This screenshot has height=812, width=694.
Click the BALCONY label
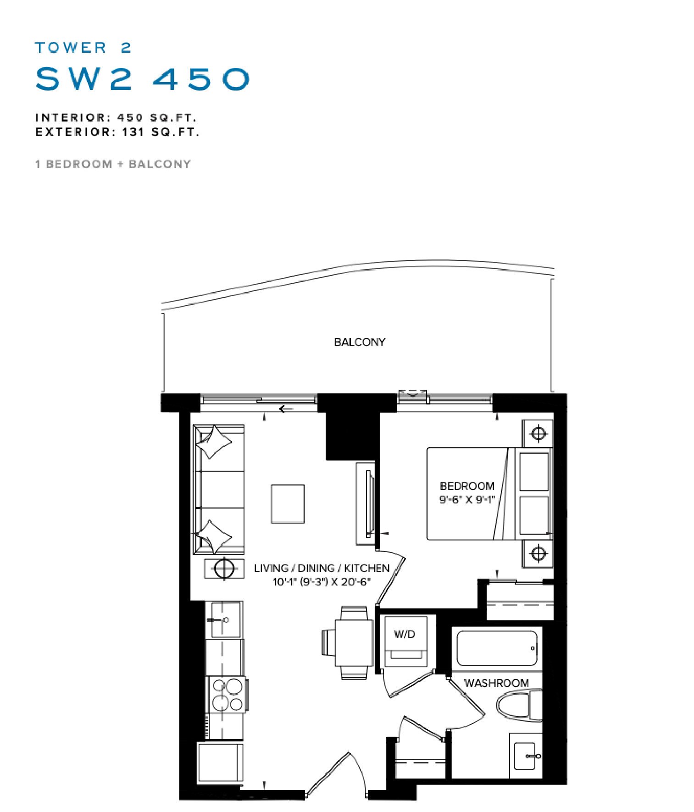pyautogui.click(x=360, y=342)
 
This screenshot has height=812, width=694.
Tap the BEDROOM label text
pyautogui.click(x=467, y=486)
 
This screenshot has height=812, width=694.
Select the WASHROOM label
pyautogui.click(x=496, y=683)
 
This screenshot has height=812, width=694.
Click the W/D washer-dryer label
pyautogui.click(x=404, y=635)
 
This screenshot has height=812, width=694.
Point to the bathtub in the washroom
pyautogui.click(x=497, y=648)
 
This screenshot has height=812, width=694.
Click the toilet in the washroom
pyautogui.click(x=519, y=706)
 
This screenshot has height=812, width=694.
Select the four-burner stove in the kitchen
pyautogui.click(x=228, y=695)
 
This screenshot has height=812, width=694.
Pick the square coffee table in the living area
pyautogui.click(x=288, y=504)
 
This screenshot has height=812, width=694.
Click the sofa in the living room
pyautogui.click(x=219, y=489)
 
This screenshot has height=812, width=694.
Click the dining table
pyautogui.click(x=354, y=642)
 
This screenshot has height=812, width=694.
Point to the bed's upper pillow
pyautogui.click(x=534, y=472)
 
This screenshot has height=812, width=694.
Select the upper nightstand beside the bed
pyautogui.click(x=538, y=433)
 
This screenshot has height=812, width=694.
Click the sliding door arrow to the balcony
pyautogui.click(x=286, y=409)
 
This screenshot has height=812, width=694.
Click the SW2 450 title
pyautogui.click(x=143, y=79)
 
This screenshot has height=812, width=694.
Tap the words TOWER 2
pyautogui.click(x=83, y=48)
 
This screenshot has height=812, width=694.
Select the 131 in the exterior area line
pyautogui.click(x=133, y=132)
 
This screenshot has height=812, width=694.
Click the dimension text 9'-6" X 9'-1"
pyautogui.click(x=467, y=499)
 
